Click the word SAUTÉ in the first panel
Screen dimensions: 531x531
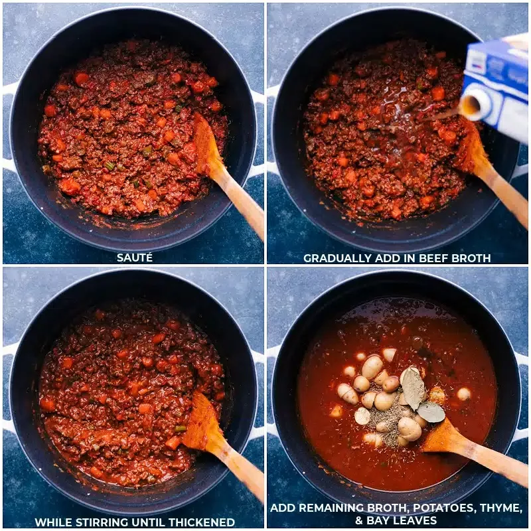point(135,258)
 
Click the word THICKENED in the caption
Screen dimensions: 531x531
point(202,522)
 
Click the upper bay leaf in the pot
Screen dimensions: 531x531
point(412,388)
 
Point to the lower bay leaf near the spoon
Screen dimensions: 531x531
point(430,412)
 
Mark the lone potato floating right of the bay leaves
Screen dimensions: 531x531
point(463,394)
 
